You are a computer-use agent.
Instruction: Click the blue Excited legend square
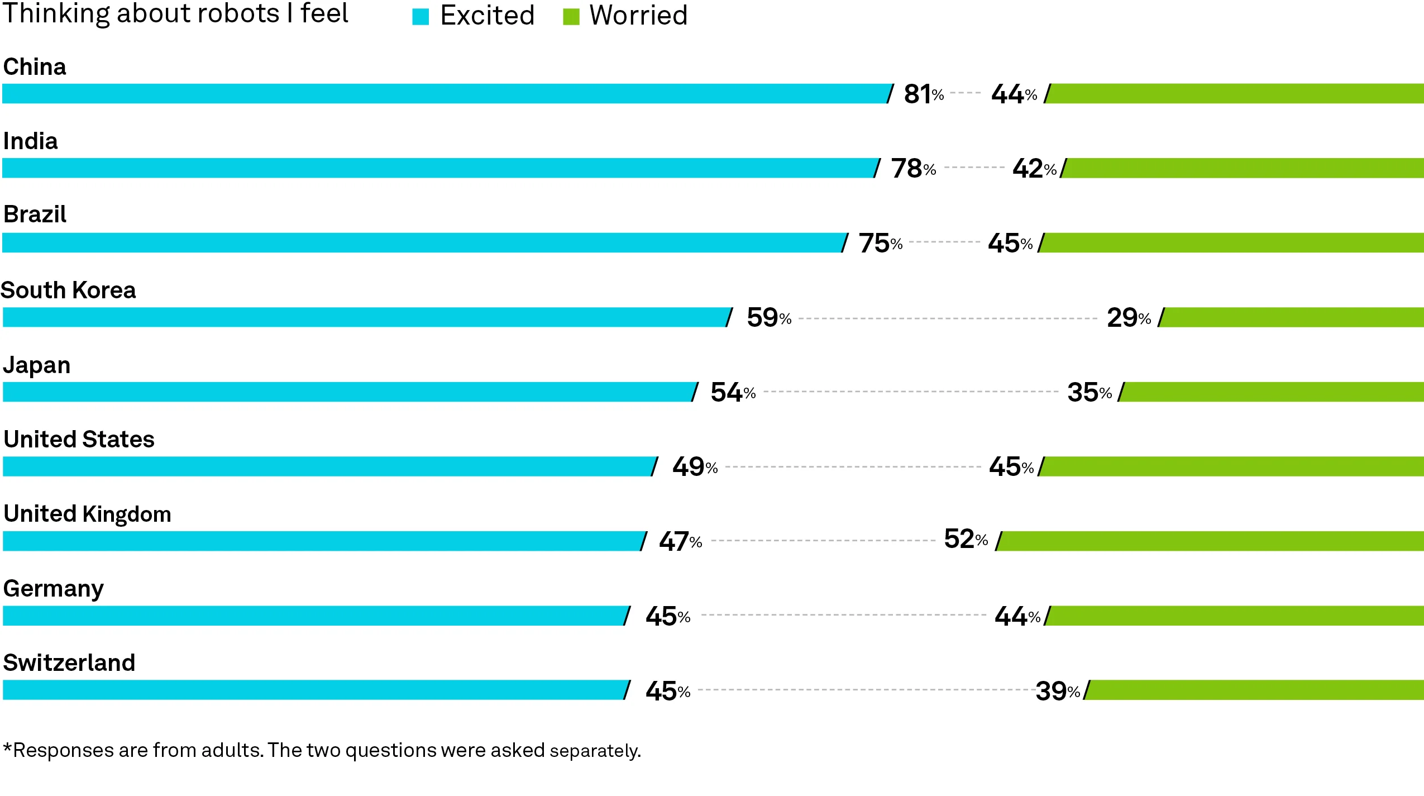pos(420,17)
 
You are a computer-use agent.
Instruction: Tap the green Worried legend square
pos(571,17)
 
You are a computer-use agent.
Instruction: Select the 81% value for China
pos(923,94)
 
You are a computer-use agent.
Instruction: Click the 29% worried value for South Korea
pos(1128,318)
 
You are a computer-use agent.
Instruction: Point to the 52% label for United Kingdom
pos(965,539)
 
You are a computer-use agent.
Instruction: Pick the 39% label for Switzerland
pos(1057,691)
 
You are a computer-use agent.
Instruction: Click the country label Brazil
pos(35,215)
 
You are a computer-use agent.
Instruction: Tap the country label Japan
pos(37,365)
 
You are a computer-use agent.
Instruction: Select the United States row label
pos(79,440)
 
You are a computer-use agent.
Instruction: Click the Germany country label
pos(53,589)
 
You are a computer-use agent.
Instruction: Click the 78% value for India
pos(912,169)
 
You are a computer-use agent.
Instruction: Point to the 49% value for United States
pos(694,467)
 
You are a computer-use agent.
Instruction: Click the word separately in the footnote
pos(595,751)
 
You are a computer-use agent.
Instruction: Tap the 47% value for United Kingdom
pos(680,541)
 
